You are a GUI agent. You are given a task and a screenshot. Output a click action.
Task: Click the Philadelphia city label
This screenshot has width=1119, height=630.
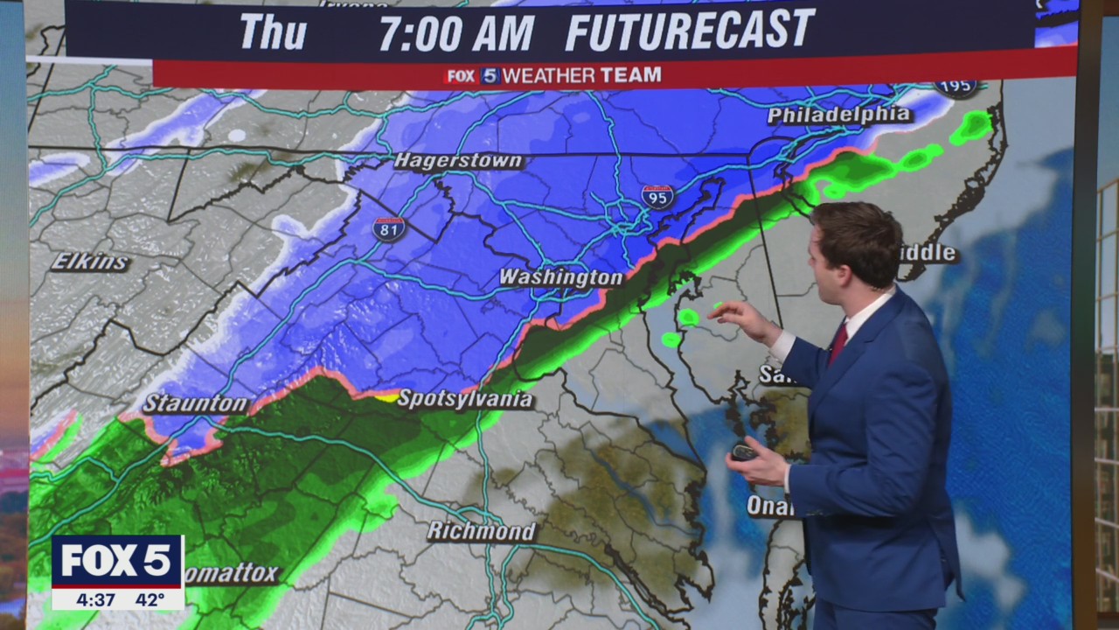(839, 115)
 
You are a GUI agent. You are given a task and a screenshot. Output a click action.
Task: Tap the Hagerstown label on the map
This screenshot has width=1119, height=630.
(458, 161)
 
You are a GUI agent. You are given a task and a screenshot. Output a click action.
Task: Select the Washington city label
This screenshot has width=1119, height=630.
(560, 277)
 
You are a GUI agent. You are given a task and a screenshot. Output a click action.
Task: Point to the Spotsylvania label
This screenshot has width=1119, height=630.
(464, 399)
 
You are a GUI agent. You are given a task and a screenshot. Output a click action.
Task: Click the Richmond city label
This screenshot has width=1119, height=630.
(481, 531)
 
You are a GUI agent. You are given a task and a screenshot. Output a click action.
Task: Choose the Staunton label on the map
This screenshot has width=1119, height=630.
(196, 403)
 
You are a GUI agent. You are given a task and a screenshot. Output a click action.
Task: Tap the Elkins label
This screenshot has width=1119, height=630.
(90, 262)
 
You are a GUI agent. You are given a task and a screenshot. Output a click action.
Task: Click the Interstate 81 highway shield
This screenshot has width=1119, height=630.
(389, 228)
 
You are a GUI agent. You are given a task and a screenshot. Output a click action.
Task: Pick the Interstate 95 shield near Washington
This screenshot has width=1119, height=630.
(657, 196)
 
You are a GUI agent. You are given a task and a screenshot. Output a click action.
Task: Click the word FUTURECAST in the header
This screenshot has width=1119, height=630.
(690, 31)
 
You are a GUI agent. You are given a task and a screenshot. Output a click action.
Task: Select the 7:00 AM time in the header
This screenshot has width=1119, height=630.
(455, 32)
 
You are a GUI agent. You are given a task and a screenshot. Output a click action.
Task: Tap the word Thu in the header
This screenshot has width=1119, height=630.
(273, 32)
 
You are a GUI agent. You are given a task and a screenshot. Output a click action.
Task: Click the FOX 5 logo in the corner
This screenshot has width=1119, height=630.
(117, 561)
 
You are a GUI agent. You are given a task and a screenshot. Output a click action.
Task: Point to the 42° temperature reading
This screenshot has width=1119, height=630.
(149, 600)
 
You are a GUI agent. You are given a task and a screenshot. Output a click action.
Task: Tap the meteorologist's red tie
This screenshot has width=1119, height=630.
(838, 342)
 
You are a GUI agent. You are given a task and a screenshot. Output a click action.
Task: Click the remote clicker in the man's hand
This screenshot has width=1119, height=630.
(745, 451)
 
